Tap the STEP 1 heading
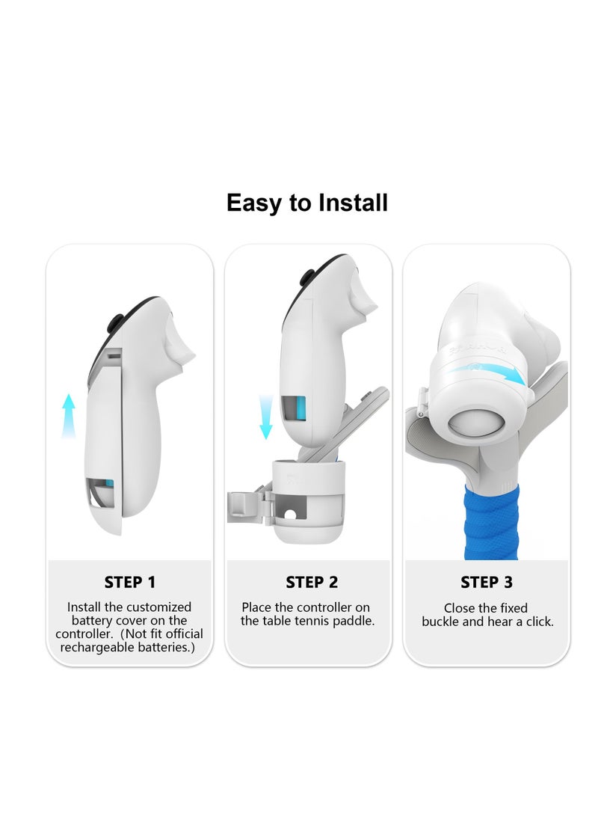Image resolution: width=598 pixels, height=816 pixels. pos(129,583)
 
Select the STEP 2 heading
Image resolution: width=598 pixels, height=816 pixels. pos(311,583)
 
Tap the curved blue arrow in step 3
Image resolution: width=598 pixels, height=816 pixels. pos(494,372)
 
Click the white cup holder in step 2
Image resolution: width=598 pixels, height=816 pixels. pos(309,500)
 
